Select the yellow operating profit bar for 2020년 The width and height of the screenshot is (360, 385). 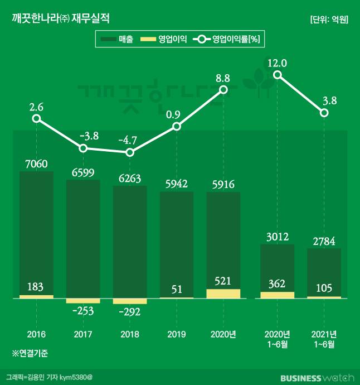[x=223, y=293]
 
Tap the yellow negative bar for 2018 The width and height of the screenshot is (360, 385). [x=130, y=301]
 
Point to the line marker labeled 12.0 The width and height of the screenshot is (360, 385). [x=278, y=75]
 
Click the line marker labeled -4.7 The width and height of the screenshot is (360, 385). [x=130, y=152]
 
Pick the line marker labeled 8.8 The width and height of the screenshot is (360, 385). [x=223, y=89]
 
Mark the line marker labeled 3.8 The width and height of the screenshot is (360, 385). [x=324, y=113]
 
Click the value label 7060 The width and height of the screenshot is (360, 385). [x=36, y=164]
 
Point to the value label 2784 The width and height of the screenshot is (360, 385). [x=324, y=241]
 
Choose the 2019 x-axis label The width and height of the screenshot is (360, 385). [x=177, y=334]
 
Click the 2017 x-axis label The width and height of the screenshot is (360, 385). [x=83, y=334]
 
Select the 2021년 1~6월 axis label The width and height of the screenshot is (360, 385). [x=324, y=339]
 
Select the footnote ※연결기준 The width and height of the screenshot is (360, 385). [x=31, y=354]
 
